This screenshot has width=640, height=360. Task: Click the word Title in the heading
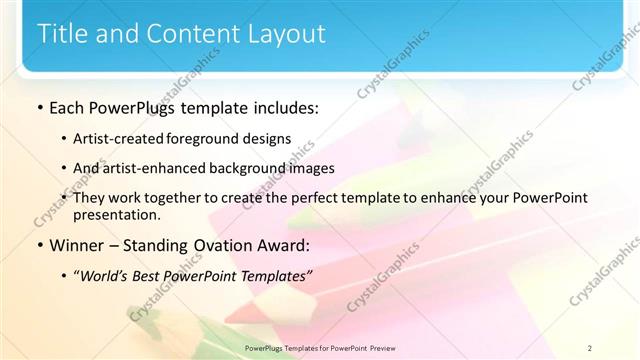tap(63, 33)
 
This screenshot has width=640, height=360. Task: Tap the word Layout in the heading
tap(285, 33)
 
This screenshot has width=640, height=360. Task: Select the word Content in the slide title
tap(190, 33)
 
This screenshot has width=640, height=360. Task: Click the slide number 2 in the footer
tap(589, 348)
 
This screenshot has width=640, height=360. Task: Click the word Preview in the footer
tap(379, 348)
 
